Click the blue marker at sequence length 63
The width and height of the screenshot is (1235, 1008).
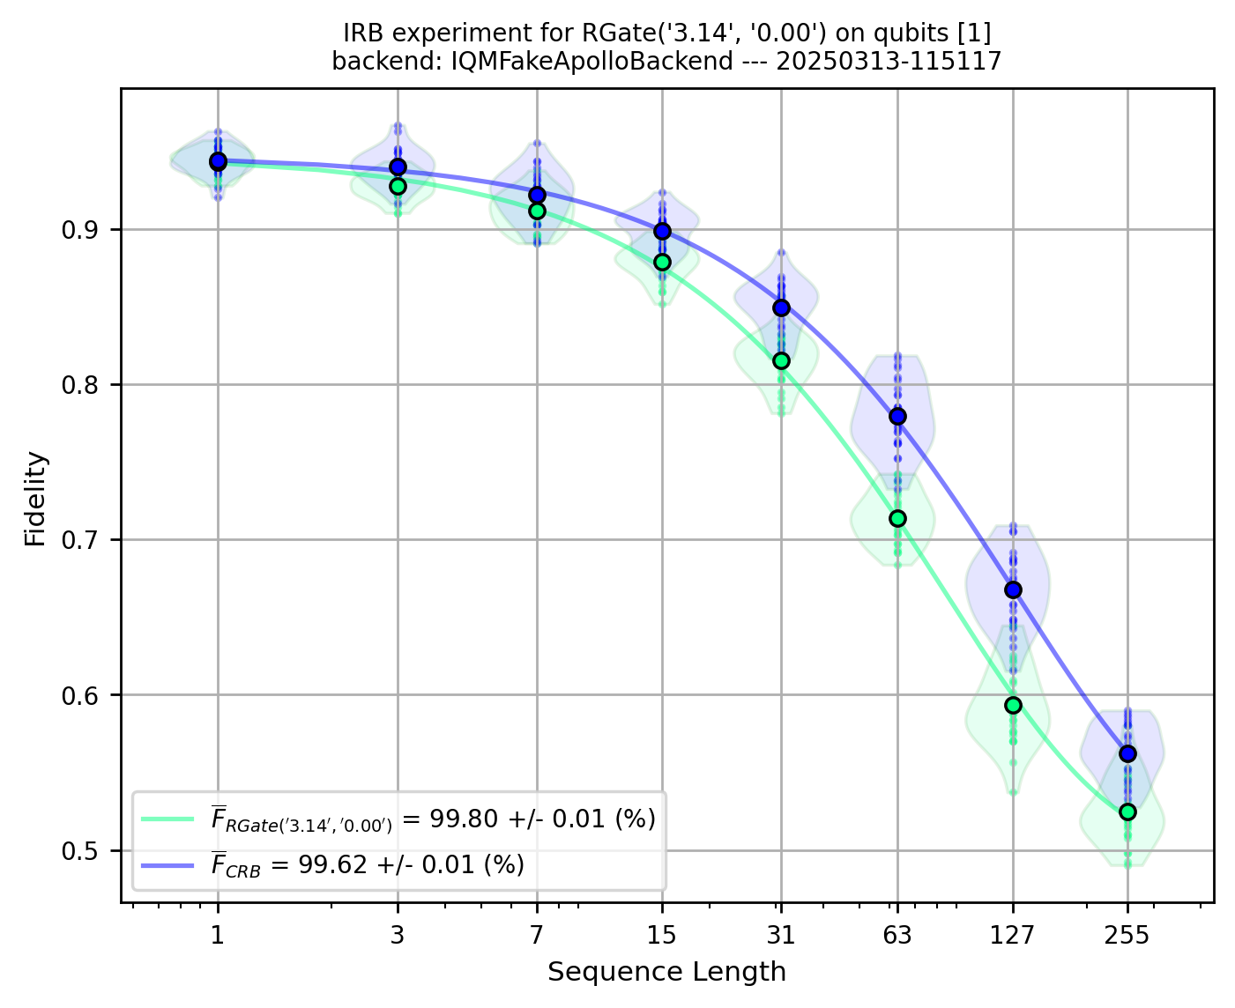point(897,416)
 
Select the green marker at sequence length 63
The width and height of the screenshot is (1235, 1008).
point(897,518)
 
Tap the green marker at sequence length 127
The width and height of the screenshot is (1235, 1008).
point(1013,705)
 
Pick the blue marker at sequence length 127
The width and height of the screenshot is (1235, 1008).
point(1013,589)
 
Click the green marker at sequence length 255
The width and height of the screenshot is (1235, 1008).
point(1127,812)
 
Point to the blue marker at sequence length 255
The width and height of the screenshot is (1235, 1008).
point(1127,753)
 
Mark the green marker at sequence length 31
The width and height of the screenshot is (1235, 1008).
point(781,360)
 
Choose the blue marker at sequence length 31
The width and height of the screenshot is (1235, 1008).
point(781,308)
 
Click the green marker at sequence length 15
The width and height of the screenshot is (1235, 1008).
point(662,262)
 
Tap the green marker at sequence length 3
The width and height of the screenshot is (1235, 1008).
point(398,186)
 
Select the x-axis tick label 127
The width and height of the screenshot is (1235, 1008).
point(1013,935)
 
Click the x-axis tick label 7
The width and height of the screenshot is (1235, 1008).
point(536,935)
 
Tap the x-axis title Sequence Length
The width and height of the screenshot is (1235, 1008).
point(666,972)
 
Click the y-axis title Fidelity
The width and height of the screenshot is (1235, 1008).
point(35,499)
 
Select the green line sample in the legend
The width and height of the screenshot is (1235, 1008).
point(167,819)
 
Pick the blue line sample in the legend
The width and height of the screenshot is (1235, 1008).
point(167,865)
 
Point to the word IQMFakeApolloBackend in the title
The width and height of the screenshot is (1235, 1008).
point(591,61)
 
